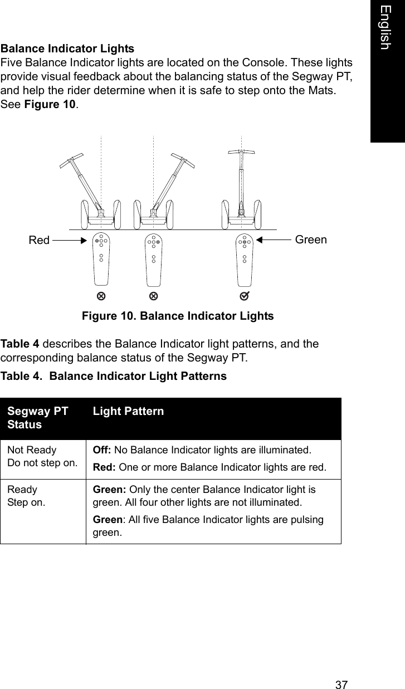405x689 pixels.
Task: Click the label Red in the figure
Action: (39, 241)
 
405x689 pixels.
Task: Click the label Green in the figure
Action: (311, 240)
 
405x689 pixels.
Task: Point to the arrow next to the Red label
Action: (69, 241)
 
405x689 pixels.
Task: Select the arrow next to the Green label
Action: (275, 240)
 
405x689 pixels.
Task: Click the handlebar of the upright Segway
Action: (241, 152)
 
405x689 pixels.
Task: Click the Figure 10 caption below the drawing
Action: (178, 316)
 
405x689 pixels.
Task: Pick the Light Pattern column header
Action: (129, 412)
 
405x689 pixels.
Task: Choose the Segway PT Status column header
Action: (38, 418)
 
